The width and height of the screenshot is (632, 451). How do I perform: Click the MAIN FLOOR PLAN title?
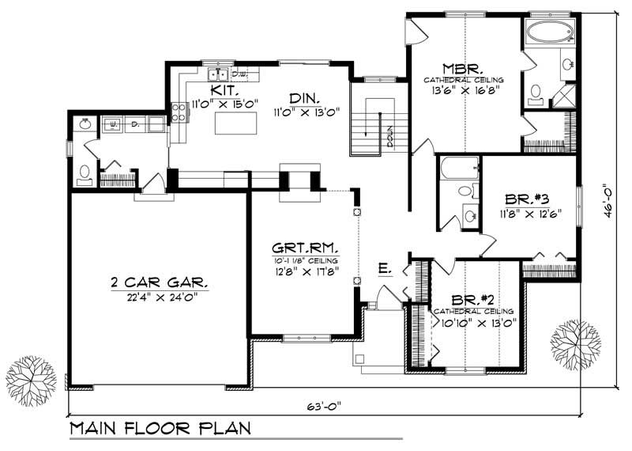pos(160,430)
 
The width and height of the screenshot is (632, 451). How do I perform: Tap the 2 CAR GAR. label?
pos(158,282)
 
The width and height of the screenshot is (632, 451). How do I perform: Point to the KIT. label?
pos(209,90)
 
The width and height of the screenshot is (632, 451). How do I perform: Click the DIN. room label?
pos(303,98)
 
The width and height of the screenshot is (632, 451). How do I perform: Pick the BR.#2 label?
pos(474,299)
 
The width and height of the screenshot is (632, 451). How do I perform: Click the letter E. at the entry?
pos(385,270)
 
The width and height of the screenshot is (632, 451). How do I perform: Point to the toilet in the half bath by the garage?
pos(85,175)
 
